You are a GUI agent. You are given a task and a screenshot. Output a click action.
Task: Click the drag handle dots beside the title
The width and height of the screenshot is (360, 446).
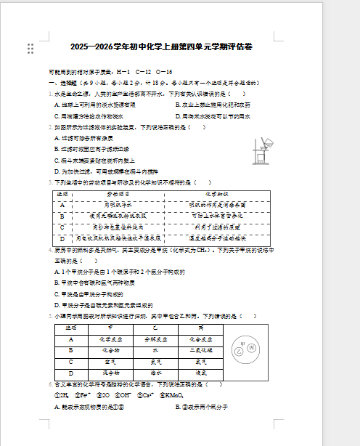click(x=30, y=49)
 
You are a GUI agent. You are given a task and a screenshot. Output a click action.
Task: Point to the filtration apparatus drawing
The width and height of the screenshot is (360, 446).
click(x=259, y=153)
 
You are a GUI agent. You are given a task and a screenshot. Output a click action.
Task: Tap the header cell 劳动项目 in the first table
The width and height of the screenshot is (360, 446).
click(x=118, y=195)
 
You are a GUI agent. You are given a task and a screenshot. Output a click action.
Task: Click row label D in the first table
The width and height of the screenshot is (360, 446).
click(x=63, y=238)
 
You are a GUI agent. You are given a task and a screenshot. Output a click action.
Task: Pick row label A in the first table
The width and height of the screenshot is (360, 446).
click(x=63, y=206)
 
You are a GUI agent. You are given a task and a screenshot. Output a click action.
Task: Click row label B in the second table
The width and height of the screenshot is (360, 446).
click(x=71, y=350)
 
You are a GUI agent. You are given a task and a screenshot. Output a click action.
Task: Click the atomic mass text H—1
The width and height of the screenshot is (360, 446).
click(x=123, y=73)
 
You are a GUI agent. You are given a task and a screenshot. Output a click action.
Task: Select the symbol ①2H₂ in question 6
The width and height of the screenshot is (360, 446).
click(x=62, y=395)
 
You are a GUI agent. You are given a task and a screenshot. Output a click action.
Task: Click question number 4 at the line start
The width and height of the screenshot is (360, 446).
click(x=50, y=250)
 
